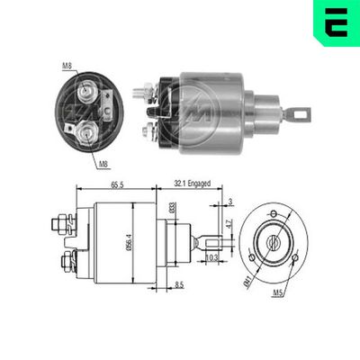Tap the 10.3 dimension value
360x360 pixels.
(211, 257)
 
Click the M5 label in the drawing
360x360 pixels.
(305, 293)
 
